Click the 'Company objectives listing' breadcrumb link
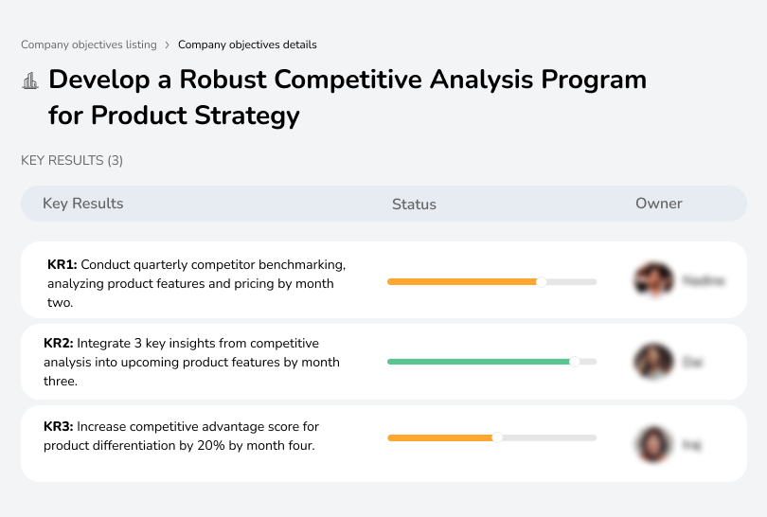point(89,45)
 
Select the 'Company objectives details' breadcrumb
point(247,45)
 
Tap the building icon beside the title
point(30,81)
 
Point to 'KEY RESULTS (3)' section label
point(72,161)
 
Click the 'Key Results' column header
point(83,204)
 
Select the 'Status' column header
point(414,204)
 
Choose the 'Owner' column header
point(659,204)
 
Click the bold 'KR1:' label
point(62,264)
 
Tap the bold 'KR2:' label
point(59,344)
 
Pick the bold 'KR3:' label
point(59,427)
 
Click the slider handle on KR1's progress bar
point(542,281)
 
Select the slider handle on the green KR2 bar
point(574,362)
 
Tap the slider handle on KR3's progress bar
point(497,437)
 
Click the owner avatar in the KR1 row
point(653,280)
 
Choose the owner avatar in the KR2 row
point(653,362)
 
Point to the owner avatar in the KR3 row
point(653,443)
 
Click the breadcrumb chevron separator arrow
point(168,45)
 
